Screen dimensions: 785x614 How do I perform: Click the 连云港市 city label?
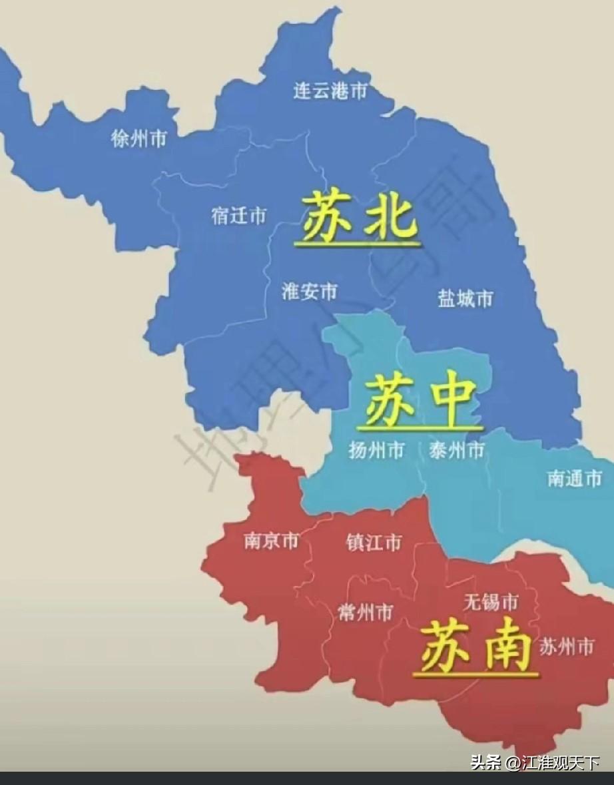330,91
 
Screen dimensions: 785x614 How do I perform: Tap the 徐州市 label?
139,139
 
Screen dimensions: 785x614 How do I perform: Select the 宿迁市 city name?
239,216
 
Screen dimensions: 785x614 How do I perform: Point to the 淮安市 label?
310,291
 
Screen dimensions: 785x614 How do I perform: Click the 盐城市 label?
465,298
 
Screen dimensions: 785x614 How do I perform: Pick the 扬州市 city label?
376,451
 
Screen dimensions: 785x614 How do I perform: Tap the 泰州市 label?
456,451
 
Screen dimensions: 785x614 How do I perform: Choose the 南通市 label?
575,477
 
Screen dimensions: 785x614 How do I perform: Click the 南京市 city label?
271,541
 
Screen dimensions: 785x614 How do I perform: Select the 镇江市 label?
374,542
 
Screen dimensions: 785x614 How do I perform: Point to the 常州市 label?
365,612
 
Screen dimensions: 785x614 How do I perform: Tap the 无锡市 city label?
491,603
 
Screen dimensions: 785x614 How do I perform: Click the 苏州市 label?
566,645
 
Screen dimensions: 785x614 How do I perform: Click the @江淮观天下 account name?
552,762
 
